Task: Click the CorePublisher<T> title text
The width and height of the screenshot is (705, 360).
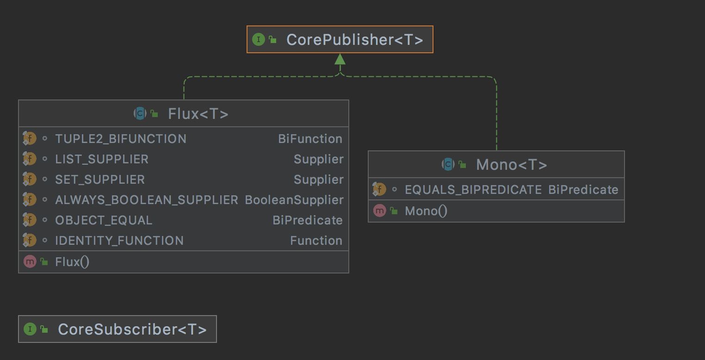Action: [355, 40]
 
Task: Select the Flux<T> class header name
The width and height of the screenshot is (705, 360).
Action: [198, 114]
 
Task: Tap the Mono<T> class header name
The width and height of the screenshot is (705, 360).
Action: [511, 165]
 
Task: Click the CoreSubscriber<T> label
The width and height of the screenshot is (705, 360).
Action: [132, 329]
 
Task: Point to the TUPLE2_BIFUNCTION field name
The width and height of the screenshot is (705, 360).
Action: [121, 139]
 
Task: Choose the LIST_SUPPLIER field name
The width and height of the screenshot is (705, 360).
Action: [102, 159]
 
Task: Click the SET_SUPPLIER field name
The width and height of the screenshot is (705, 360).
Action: [100, 180]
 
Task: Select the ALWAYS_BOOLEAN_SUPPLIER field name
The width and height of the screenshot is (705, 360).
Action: [147, 200]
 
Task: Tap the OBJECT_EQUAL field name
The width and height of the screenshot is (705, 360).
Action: [104, 220]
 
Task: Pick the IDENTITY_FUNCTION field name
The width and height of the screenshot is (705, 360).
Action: [119, 241]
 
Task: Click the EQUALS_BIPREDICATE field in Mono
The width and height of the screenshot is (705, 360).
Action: [473, 190]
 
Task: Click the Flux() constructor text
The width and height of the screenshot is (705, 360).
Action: [72, 262]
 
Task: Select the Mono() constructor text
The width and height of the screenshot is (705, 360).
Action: [426, 211]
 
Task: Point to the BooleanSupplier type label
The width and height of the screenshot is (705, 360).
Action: [294, 200]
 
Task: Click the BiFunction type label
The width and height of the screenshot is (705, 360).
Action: [310, 139]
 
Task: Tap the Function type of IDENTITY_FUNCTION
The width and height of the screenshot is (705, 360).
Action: [316, 241]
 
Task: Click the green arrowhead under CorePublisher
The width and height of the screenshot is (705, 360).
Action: [340, 59]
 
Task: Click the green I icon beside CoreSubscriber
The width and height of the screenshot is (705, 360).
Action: [30, 329]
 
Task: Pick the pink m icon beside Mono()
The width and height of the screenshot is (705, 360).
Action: [379, 211]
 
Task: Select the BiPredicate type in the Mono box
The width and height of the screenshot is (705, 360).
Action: [583, 190]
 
